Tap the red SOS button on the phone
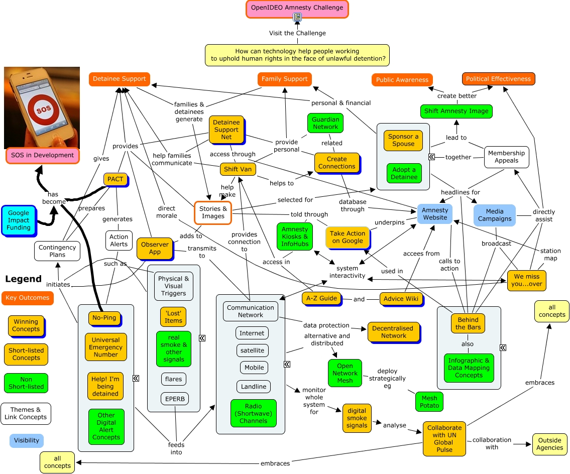(x=43, y=109)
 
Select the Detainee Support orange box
(x=119, y=79)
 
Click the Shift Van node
(x=238, y=169)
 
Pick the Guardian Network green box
(x=325, y=123)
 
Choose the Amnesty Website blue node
(x=435, y=214)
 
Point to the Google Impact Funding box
(x=19, y=220)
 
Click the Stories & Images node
(x=213, y=212)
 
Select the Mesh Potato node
(x=429, y=402)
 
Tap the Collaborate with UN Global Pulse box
(x=444, y=439)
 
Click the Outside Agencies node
(x=549, y=444)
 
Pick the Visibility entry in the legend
(x=27, y=440)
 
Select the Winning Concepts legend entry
(x=26, y=325)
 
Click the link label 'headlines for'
(x=460, y=192)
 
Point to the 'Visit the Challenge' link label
(x=297, y=33)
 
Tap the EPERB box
(x=175, y=399)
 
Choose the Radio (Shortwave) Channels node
(x=254, y=413)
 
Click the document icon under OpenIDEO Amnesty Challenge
(x=297, y=17)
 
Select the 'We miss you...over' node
(x=526, y=281)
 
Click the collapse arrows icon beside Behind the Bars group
(x=503, y=347)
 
